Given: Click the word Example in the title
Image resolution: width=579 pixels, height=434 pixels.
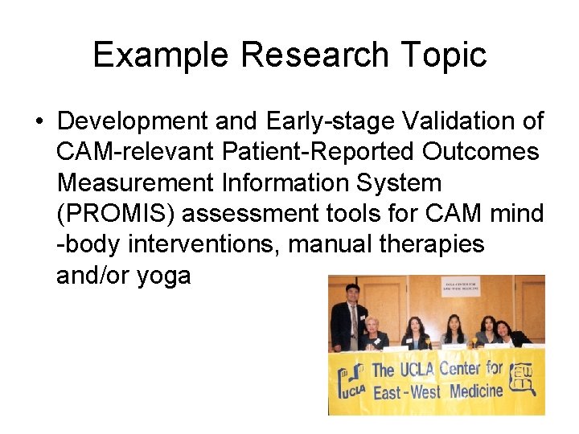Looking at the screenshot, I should coord(160,55).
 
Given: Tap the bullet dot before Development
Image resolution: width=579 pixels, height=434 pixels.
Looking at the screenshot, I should coord(39,122).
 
